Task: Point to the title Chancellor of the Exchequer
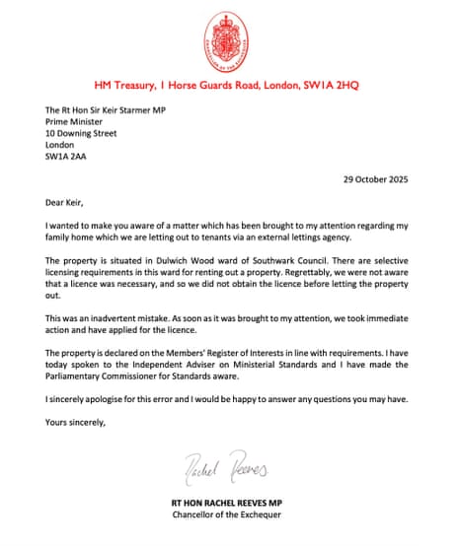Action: [x=228, y=515]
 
